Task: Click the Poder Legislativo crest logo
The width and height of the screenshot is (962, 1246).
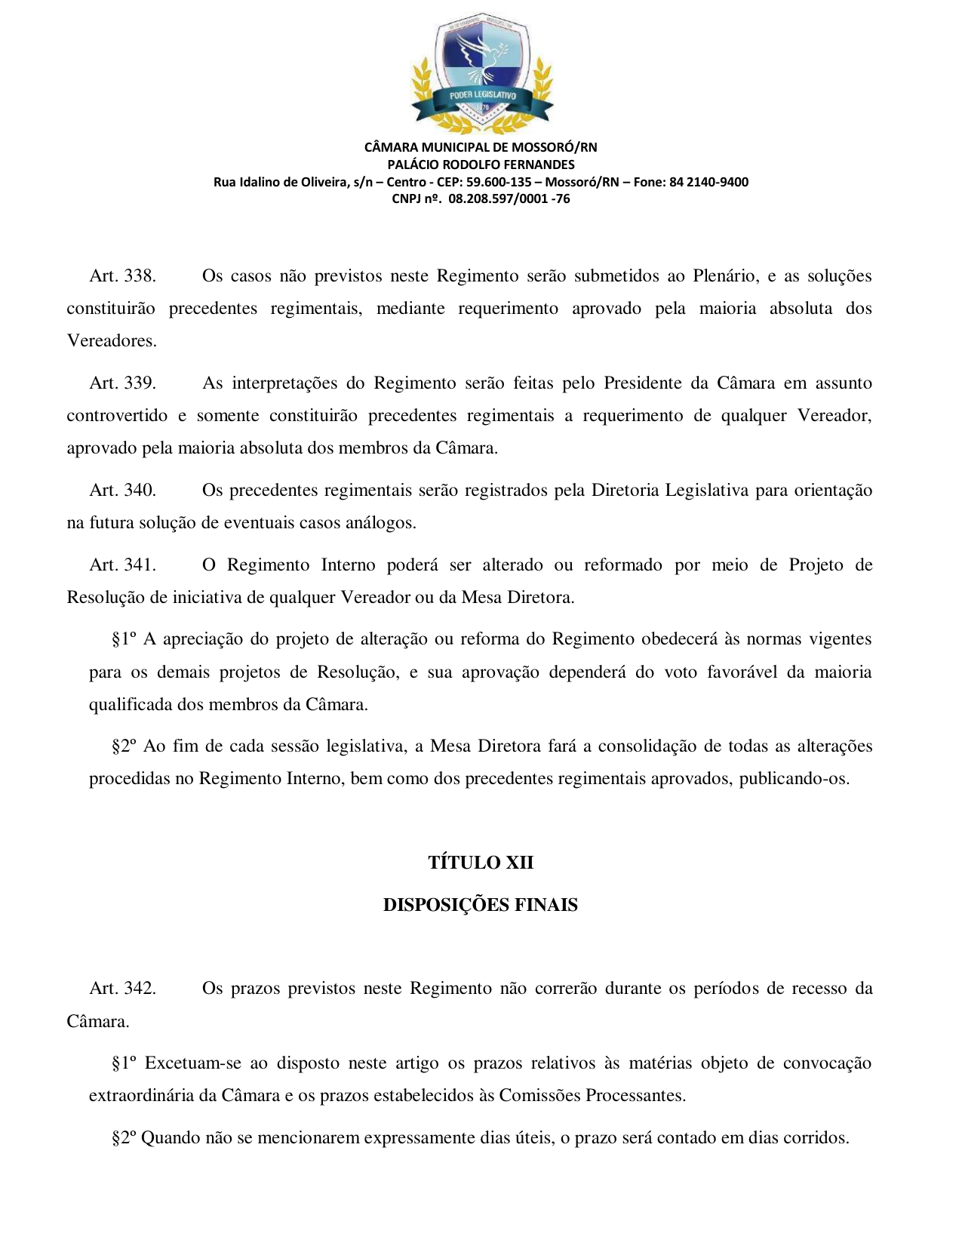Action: click(x=481, y=72)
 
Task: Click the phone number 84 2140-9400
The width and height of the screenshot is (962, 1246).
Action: click(x=708, y=182)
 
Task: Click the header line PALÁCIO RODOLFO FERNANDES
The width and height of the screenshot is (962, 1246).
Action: click(x=481, y=165)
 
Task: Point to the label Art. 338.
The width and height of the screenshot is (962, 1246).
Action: click(x=122, y=276)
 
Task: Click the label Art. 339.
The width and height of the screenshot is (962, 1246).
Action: click(x=122, y=383)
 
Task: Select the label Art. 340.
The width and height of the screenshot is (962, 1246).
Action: click(x=122, y=491)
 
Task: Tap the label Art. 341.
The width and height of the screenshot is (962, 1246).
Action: click(x=122, y=565)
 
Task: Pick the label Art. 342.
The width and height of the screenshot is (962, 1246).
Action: click(x=122, y=989)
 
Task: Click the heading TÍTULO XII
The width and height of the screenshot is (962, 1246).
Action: click(x=481, y=863)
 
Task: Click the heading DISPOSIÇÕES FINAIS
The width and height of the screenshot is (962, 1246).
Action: click(x=481, y=905)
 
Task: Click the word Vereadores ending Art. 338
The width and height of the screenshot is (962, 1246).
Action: click(x=111, y=341)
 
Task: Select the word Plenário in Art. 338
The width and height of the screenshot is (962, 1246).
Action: click(x=725, y=276)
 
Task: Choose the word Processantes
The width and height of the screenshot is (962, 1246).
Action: click(x=635, y=1096)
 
